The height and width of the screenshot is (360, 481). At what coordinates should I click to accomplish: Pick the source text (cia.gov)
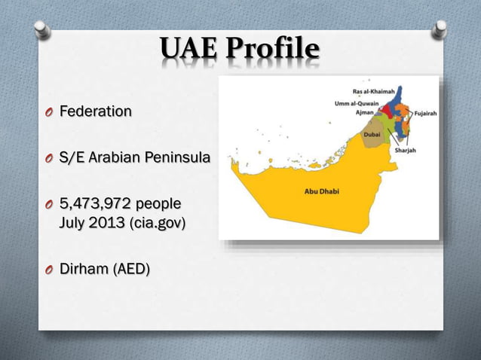tap(158, 224)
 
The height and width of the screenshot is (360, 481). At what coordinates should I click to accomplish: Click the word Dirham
tap(84, 268)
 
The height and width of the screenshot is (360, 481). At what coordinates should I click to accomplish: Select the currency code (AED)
tap(131, 268)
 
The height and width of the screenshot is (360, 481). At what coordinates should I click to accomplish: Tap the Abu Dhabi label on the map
tap(321, 191)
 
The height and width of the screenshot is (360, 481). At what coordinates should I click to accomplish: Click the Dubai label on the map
tap(372, 133)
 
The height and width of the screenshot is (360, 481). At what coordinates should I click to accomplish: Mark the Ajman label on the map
tap(365, 112)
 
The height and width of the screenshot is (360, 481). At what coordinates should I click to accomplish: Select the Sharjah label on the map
tap(406, 150)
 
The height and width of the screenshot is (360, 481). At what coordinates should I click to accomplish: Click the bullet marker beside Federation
tap(49, 112)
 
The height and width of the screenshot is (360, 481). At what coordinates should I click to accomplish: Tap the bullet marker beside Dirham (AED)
tap(49, 269)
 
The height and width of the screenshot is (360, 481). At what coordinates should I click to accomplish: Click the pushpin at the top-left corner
tap(42, 28)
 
